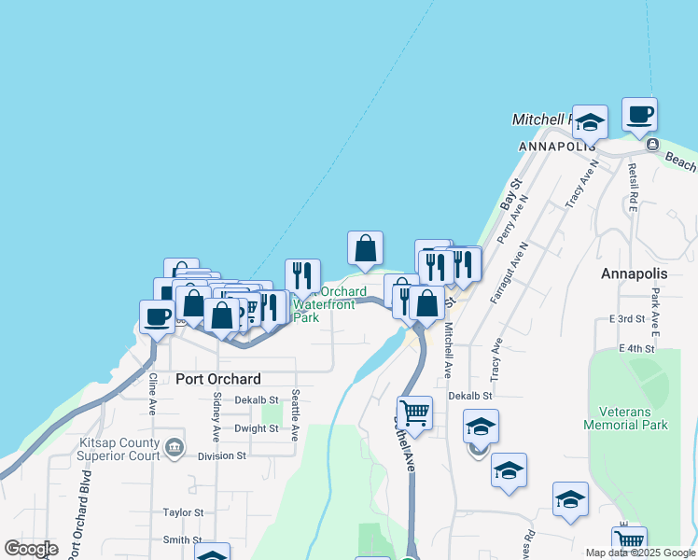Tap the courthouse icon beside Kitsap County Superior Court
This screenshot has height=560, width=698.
tap(174, 449)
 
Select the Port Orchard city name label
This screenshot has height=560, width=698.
tap(217, 379)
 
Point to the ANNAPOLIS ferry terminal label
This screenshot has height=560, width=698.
tap(557, 147)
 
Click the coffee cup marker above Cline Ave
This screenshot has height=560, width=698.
tap(157, 316)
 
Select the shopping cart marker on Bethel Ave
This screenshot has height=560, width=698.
tap(414, 413)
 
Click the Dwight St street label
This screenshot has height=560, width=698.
tap(257, 428)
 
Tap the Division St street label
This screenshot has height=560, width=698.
tap(221, 456)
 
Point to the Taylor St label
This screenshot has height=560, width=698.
tap(183, 512)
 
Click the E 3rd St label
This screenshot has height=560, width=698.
tap(628, 319)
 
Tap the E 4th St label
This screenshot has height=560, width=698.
tap(637, 348)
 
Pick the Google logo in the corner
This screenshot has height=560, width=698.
tap(31, 549)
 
